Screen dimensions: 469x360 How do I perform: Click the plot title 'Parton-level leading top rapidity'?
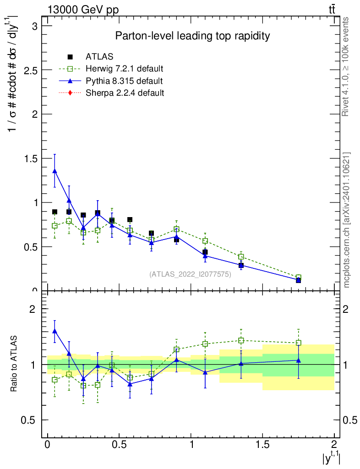[192, 36]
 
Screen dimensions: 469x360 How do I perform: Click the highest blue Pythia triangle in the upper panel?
[55, 171]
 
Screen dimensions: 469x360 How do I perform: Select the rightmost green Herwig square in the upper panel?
[299, 278]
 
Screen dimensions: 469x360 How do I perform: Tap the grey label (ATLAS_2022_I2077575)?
[190, 274]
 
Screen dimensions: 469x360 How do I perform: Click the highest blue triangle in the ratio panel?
[55, 331]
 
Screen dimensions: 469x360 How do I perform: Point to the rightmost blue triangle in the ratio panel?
[299, 360]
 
